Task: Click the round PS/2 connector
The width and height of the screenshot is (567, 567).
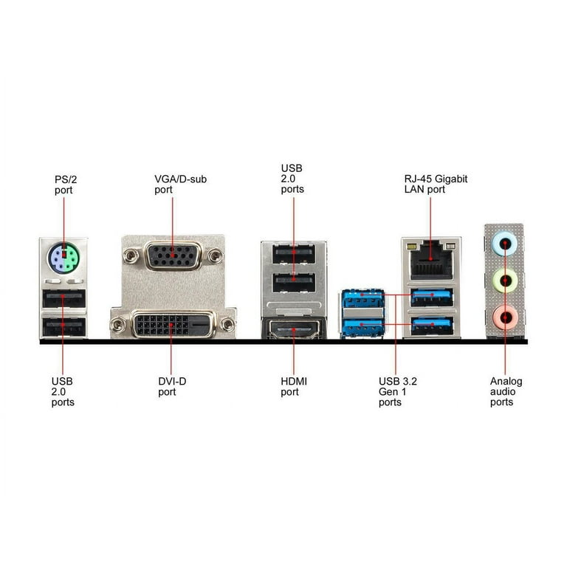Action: pos(63,258)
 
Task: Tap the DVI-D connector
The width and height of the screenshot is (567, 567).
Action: pos(172,324)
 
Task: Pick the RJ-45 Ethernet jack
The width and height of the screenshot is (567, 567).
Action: pos(431,260)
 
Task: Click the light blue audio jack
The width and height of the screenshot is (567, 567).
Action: pos(504,244)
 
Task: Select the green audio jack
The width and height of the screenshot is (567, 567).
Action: pos(505,281)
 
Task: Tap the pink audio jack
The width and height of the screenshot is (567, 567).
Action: pos(505,317)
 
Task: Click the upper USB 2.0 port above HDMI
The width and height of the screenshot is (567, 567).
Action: pos(294,253)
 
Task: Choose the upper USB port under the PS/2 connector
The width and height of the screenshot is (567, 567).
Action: pos(63,299)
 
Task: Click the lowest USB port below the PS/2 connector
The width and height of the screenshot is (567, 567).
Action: pos(64,327)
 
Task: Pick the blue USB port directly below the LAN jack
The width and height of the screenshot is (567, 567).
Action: pos(431,298)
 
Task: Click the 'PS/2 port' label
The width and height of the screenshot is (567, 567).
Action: pos(66,185)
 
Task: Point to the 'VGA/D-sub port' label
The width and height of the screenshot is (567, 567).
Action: pos(180,185)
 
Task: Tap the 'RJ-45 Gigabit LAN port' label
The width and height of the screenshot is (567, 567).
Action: pos(436,184)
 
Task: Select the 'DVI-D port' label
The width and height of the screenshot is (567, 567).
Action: pos(172,387)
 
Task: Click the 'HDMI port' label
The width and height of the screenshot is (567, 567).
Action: pos(294,387)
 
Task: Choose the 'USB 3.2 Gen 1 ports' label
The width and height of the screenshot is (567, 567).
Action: pos(397,391)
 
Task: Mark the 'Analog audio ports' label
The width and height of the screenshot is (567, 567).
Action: pos(506,391)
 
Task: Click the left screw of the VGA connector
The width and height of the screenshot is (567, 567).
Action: pos(130,256)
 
